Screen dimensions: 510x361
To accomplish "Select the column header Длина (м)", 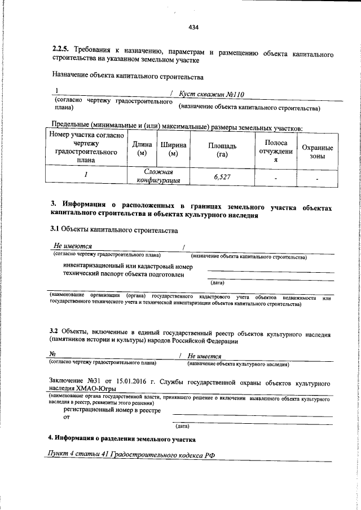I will [142, 149].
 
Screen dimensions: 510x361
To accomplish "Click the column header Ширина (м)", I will [173, 149].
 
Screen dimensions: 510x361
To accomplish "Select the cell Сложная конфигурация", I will [158, 176].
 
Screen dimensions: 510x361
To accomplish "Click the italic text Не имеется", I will [204, 356].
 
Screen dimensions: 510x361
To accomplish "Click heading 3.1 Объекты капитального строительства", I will [113, 229].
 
